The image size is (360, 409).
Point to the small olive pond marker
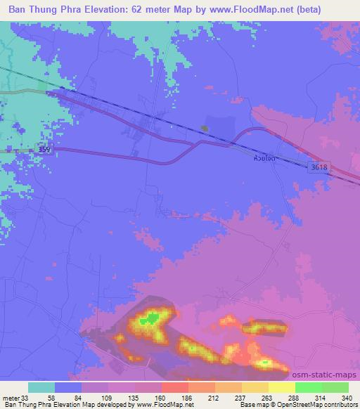204,128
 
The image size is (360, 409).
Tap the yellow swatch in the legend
281,387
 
